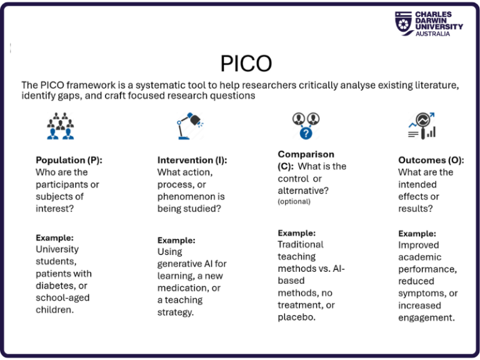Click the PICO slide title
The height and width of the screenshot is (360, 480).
click(x=246, y=64)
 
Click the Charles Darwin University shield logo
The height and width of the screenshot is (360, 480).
click(x=403, y=24)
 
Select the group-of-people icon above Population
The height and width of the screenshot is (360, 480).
click(x=60, y=126)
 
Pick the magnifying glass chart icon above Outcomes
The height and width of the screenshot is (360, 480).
click(x=421, y=126)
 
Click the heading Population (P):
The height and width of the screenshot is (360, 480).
click(x=69, y=160)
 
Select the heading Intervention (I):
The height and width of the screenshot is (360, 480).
click(x=192, y=160)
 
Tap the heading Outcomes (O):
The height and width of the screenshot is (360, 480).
click(x=431, y=160)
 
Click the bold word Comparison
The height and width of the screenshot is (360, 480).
click(x=306, y=154)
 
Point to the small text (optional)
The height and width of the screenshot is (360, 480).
click(x=294, y=202)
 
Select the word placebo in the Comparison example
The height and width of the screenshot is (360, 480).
click(x=297, y=317)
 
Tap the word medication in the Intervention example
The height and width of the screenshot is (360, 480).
click(x=181, y=288)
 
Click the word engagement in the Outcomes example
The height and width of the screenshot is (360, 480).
click(x=426, y=317)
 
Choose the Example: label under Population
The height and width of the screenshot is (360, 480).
click(x=54, y=237)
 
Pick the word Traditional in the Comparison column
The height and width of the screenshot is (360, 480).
click(x=301, y=244)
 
